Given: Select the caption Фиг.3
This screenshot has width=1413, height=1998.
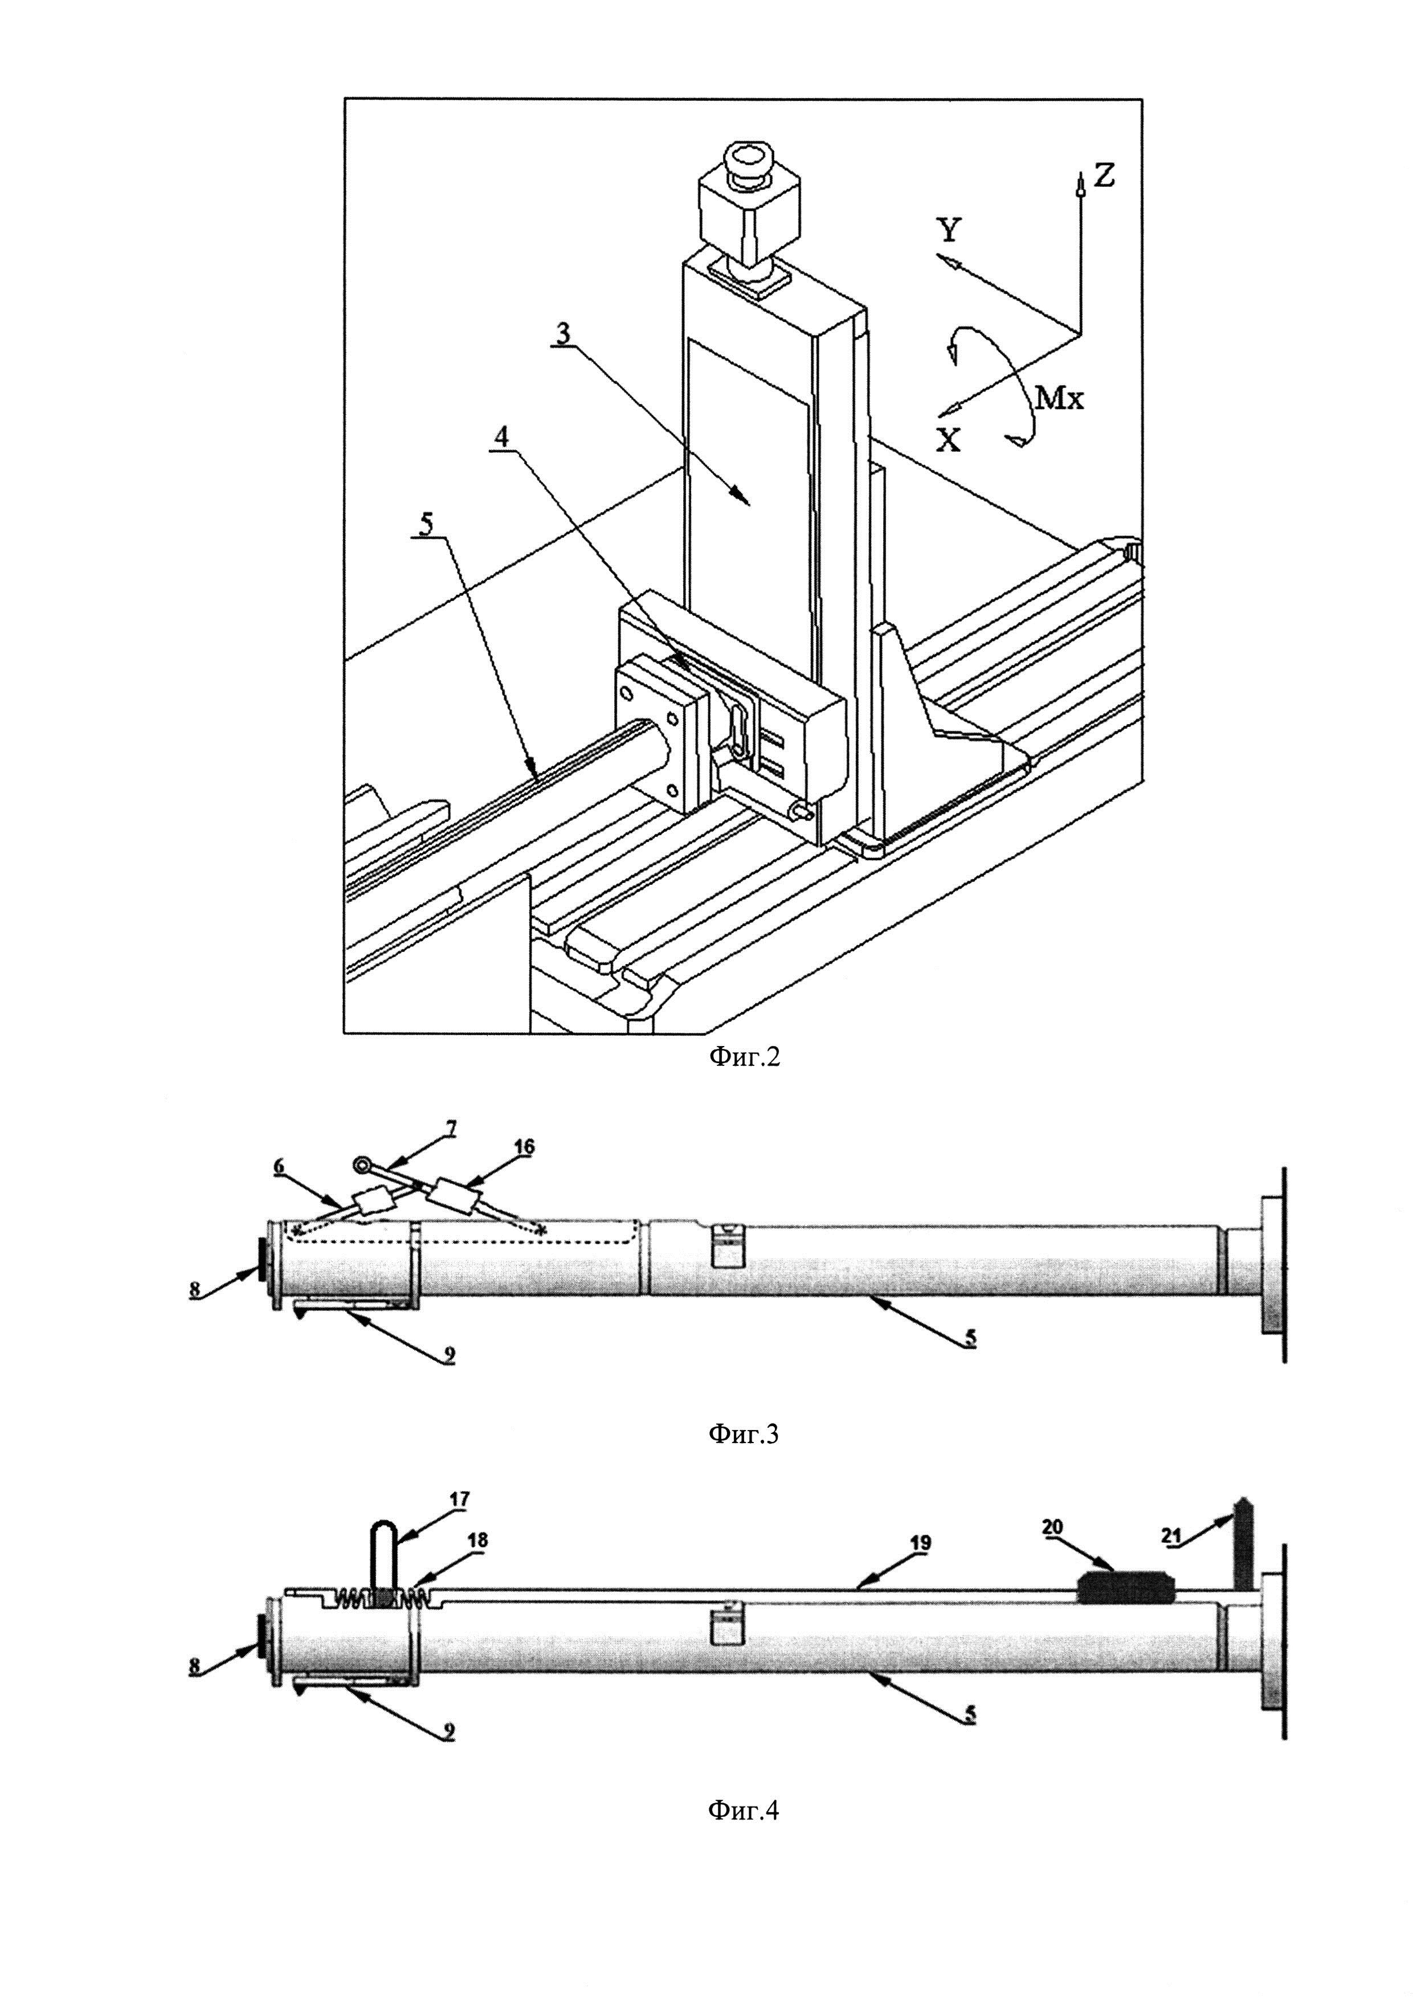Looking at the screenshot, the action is pyautogui.click(x=744, y=1436).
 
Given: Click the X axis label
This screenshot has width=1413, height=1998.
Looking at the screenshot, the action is pyautogui.click(x=949, y=441).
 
